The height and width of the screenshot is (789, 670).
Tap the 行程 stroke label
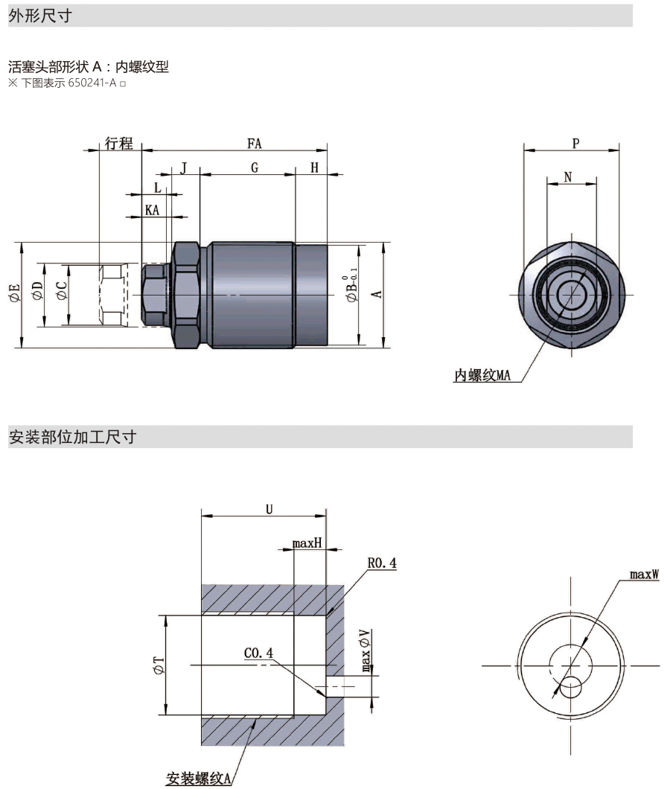tap(119, 143)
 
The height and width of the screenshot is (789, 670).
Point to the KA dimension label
tap(153, 211)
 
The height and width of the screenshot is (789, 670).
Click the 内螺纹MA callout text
tap(482, 375)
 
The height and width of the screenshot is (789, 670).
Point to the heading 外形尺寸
tap(40, 16)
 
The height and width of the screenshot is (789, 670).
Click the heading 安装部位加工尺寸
tap(72, 437)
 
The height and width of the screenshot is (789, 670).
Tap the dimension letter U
tap(269, 509)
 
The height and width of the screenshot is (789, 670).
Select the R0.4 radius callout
tap(382, 563)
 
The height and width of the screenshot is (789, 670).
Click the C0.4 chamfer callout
tap(258, 653)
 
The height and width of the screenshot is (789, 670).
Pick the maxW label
tap(644, 574)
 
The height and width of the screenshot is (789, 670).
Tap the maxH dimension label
tap(307, 543)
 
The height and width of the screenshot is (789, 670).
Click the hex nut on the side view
tap(186, 295)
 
